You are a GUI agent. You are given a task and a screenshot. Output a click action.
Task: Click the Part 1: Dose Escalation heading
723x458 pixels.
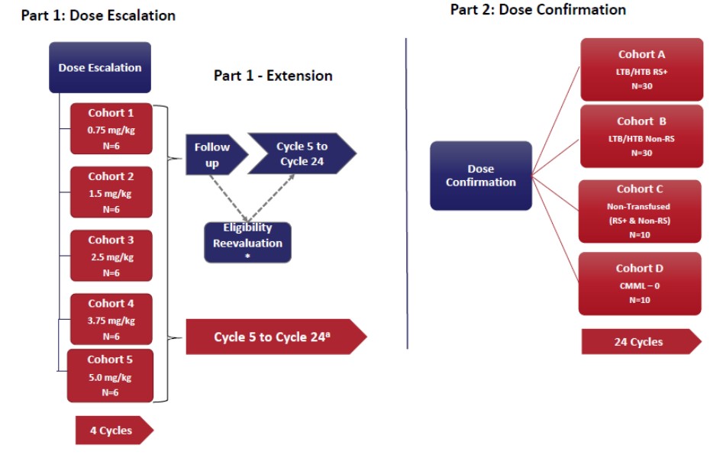pos(98,15)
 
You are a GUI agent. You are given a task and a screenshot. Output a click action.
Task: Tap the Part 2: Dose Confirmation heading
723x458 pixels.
pos(537,10)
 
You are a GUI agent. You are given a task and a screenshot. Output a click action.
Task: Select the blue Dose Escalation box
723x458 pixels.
pos(100,67)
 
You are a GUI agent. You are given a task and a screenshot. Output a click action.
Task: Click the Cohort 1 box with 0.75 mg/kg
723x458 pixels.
pos(111,129)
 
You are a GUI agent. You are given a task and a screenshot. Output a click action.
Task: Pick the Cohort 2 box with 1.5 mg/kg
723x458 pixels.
pos(111,192)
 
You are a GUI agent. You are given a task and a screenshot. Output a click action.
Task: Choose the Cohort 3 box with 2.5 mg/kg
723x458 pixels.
pos(111,256)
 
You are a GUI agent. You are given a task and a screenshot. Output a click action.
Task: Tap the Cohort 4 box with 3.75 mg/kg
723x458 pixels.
pos(111,319)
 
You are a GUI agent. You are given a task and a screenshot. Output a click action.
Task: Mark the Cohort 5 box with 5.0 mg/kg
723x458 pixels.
pos(110,375)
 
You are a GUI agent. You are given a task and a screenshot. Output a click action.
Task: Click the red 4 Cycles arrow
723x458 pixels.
pos(113,431)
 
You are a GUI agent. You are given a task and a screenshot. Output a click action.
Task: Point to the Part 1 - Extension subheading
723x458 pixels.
pos(273,76)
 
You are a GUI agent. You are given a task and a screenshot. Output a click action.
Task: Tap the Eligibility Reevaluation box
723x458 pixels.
pos(247,242)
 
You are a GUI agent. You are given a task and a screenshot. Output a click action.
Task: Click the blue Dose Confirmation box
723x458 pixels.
pos(481,176)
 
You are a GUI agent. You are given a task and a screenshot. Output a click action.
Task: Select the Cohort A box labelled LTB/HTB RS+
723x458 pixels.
pos(641,69)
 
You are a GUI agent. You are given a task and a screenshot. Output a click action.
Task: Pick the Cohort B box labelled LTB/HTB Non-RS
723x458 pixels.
pos(641,136)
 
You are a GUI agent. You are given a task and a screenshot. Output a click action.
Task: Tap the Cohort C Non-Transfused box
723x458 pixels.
pos(640,211)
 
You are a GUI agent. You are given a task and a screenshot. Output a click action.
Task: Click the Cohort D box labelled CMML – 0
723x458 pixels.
pos(640,283)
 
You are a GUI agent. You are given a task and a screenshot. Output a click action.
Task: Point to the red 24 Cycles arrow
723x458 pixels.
pos(640,342)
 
